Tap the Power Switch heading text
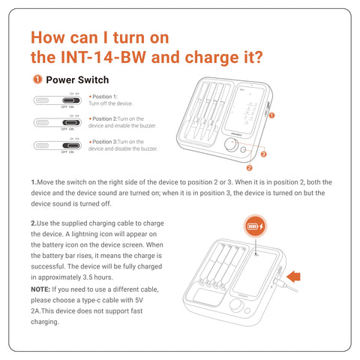pyautogui.click(x=77, y=79)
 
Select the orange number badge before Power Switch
pyautogui.click(x=37, y=79)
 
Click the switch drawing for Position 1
pyautogui.click(x=61, y=100)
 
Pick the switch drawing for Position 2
pyautogui.click(x=61, y=121)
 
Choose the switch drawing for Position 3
pyautogui.click(x=61, y=144)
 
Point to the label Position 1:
pyautogui.click(x=104, y=97)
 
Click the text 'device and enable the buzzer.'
pyautogui.click(x=122, y=126)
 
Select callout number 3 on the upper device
pyautogui.click(x=264, y=153)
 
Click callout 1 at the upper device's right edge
pyautogui.click(x=271, y=115)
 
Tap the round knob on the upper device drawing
pyautogui.click(x=228, y=145)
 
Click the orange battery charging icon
pyautogui.click(x=256, y=226)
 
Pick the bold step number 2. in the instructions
pyautogui.click(x=34, y=223)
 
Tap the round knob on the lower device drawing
pyautogui.click(x=241, y=306)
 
